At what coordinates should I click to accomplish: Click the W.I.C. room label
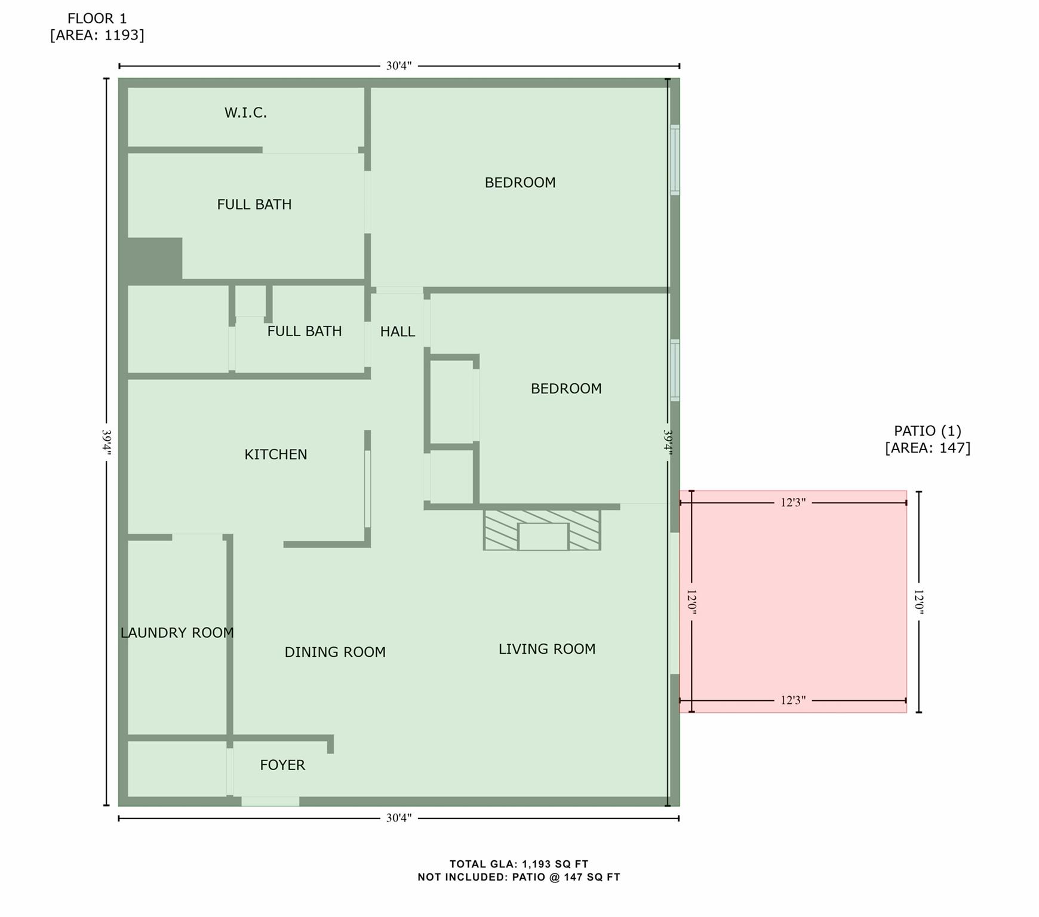tap(245, 113)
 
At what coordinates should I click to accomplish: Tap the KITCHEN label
tap(275, 454)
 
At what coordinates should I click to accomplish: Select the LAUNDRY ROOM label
tap(177, 633)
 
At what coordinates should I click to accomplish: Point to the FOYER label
tap(282, 765)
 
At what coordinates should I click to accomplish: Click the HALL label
tap(397, 331)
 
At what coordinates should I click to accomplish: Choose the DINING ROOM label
tap(334, 652)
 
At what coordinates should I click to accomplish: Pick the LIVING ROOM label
tap(546, 649)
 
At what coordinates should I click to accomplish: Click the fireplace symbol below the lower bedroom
tap(542, 530)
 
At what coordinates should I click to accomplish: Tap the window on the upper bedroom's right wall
tap(675, 159)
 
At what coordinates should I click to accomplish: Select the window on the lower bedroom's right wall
tap(675, 370)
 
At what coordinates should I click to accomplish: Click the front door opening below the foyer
tap(270, 801)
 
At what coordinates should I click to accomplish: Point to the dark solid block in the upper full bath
tap(154, 258)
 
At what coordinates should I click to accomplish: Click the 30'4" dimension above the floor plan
tap(398, 66)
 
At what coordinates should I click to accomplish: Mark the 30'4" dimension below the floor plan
tap(398, 818)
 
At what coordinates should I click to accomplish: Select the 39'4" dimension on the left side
tap(106, 442)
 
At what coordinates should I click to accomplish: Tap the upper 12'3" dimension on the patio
tap(792, 503)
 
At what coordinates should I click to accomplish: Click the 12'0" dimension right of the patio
tap(918, 602)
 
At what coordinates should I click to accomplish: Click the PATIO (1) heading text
tap(927, 430)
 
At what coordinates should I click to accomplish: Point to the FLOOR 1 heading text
tap(97, 19)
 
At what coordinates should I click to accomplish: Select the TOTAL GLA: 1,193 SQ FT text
tap(518, 864)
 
